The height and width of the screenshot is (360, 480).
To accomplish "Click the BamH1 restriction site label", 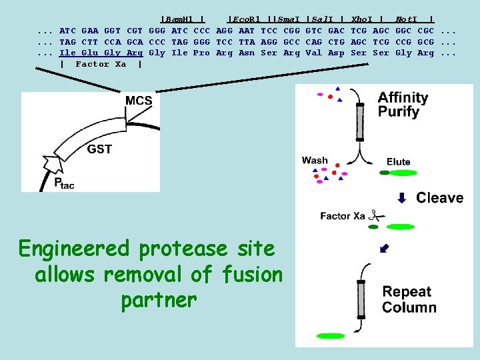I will point(179,19).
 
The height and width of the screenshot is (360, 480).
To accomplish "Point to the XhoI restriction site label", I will point(363,19).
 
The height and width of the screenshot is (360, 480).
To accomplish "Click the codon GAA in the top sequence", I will point(90,30).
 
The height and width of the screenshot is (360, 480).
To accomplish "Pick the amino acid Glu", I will point(90,53).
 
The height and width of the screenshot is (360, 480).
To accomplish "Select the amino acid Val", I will point(313,53).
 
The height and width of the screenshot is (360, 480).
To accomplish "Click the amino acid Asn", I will point(247,53).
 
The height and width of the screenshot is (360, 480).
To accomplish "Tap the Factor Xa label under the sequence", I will point(101,64).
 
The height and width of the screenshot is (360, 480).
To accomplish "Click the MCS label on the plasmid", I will point(139,101).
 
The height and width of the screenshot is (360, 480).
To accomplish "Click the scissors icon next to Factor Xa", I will point(377,215).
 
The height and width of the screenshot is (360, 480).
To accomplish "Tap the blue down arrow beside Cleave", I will point(401,197).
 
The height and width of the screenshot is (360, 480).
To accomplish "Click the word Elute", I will point(398,162).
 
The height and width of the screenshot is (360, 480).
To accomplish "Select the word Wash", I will point(315,160).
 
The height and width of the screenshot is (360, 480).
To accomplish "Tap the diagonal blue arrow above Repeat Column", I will point(383,249).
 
